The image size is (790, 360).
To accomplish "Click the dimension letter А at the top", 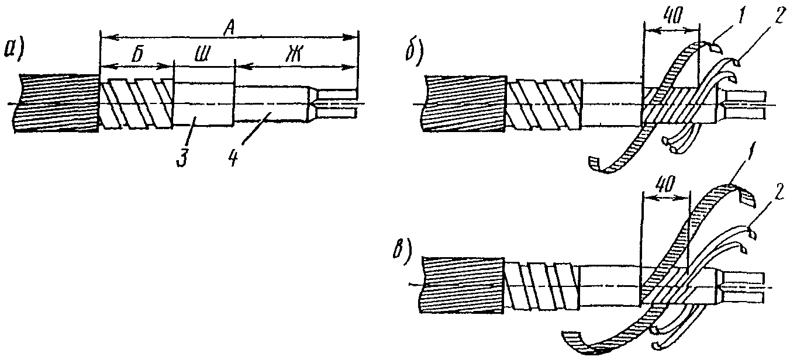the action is point(229,30).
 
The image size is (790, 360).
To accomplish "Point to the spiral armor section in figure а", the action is point(136,103).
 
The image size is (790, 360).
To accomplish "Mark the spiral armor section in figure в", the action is point(542,286).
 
